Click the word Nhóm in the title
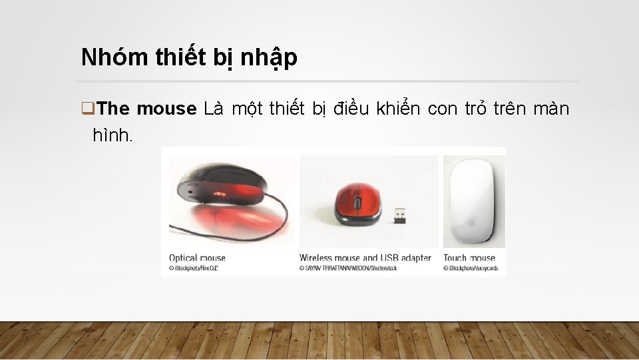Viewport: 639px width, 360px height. point(104,58)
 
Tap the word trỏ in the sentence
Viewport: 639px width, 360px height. point(473,109)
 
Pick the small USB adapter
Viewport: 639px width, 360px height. point(399,215)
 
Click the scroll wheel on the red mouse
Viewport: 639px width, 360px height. point(357,199)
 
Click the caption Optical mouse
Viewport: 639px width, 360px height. point(197,258)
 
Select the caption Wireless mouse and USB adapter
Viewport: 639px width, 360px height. point(365,258)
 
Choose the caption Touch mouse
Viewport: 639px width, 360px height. point(469,258)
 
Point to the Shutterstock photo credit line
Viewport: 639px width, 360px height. point(348,268)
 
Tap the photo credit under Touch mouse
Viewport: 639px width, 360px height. point(470,268)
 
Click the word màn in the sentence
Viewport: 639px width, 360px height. point(551,109)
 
